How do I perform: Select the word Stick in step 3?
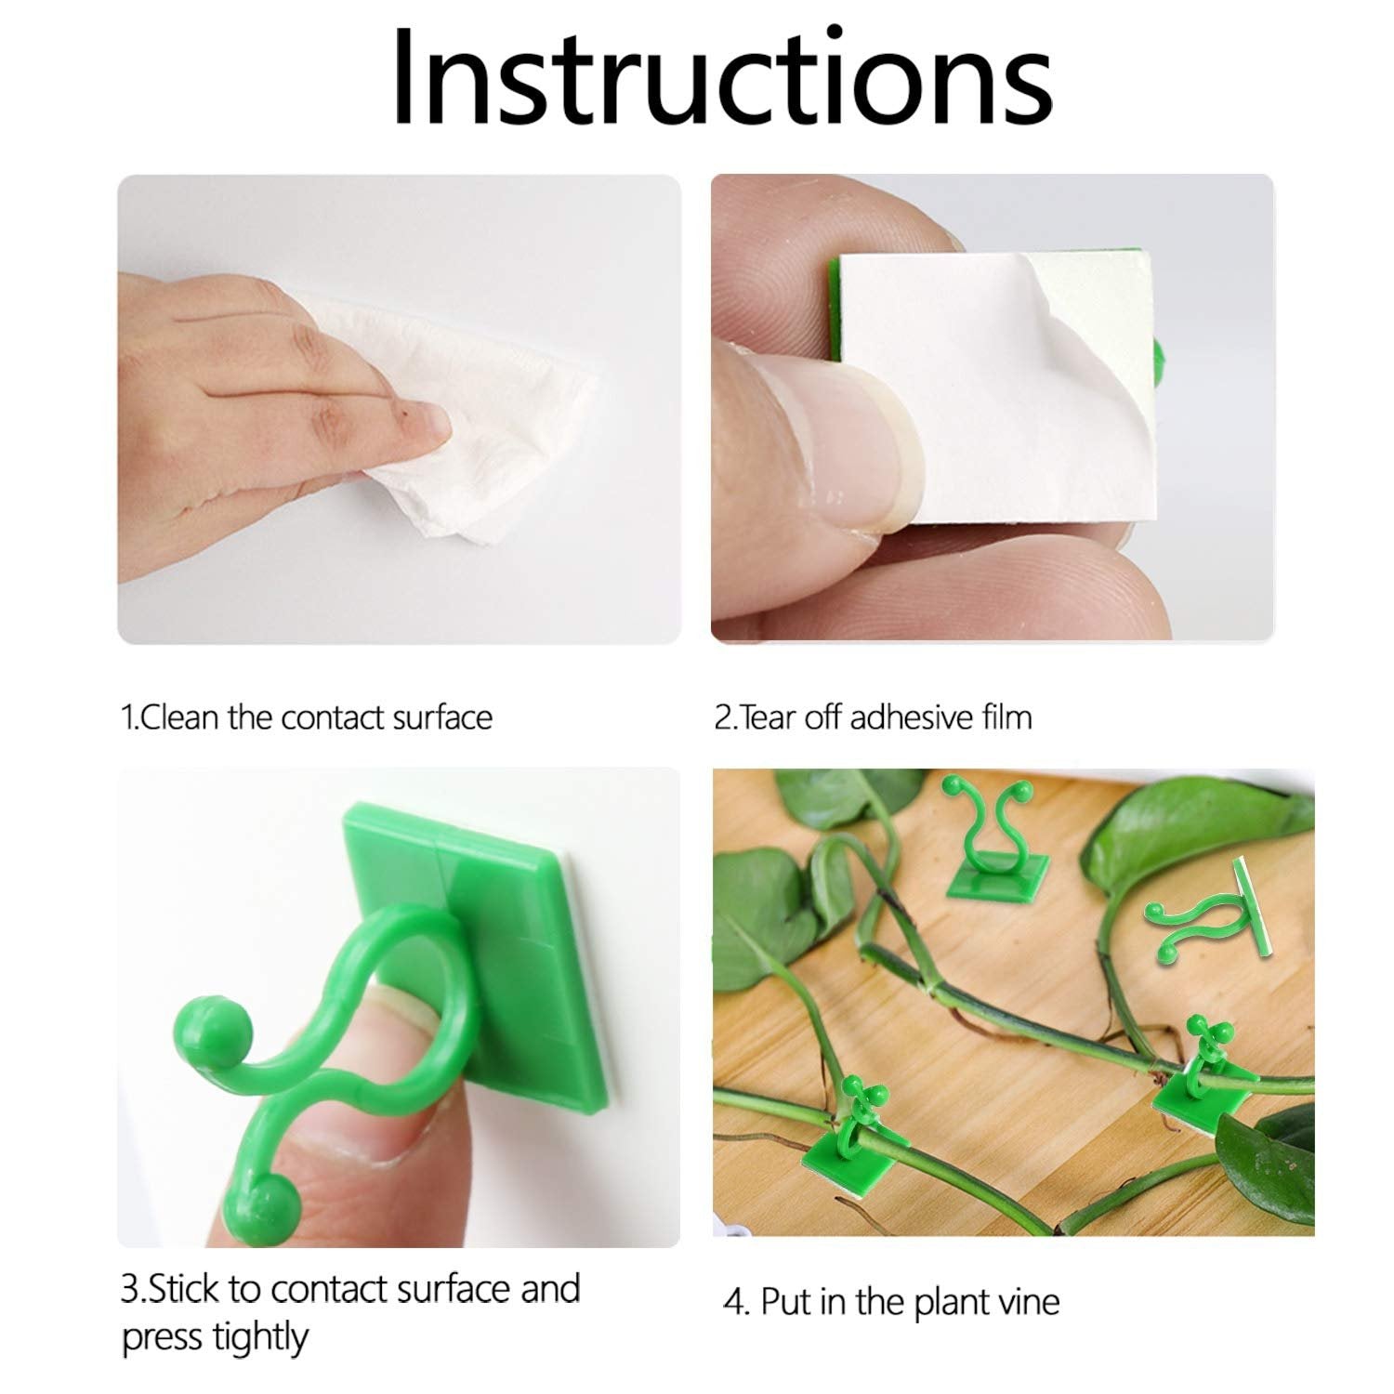185,1289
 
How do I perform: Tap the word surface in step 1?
442,717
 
